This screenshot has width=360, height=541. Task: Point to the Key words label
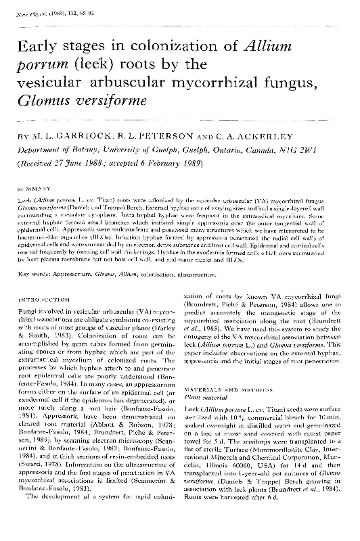pyautogui.click(x=34, y=274)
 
